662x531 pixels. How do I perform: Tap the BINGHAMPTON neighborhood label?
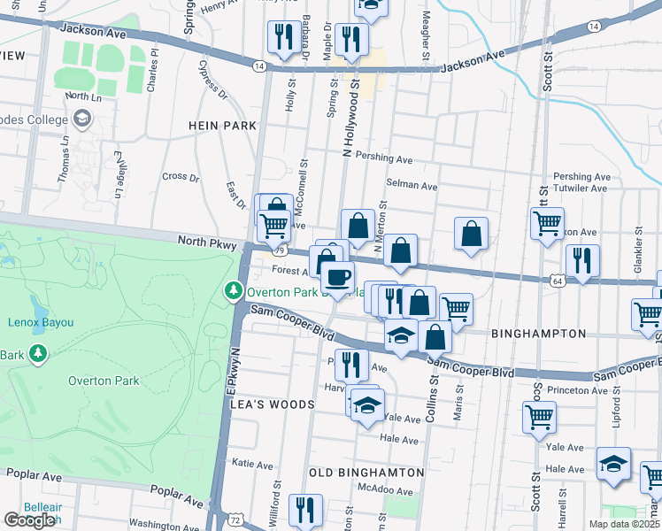point(539,334)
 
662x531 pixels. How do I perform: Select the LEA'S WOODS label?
point(273,404)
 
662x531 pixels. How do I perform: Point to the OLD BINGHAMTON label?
point(360,473)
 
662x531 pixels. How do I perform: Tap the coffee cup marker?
point(336,276)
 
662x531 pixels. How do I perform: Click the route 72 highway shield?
point(233,522)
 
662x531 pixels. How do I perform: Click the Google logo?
point(29,520)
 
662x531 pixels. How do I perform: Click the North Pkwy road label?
point(204,241)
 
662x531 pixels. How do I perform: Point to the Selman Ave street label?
point(412,187)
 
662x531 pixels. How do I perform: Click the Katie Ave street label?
point(251,463)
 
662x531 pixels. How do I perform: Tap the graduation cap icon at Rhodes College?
point(82,118)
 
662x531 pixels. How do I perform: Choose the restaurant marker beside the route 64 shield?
point(582,260)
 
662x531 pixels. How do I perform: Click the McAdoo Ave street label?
point(384,489)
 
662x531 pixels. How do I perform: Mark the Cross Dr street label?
point(181,177)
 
